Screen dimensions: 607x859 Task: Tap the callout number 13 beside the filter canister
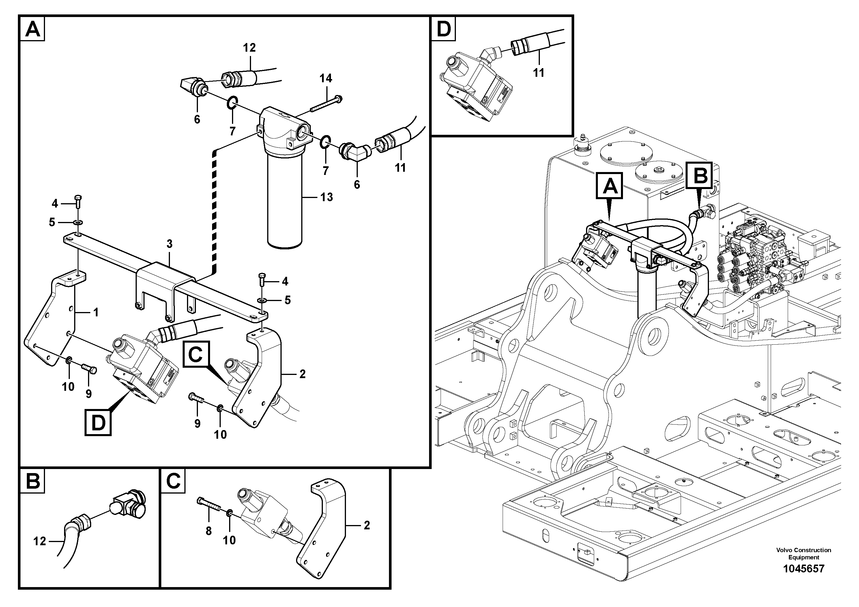pos(326,197)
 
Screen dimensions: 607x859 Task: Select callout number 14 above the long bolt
pos(325,78)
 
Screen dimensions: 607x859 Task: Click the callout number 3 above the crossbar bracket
pos(169,244)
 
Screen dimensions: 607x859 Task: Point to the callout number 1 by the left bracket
pos(96,312)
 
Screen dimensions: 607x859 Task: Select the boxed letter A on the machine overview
pos(609,186)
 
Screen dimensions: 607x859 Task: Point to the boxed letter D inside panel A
pos(98,423)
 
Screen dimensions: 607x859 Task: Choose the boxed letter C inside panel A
pos(196,354)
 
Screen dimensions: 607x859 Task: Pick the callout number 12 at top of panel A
pos(249,48)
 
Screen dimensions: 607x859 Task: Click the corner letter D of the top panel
pos(444,29)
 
